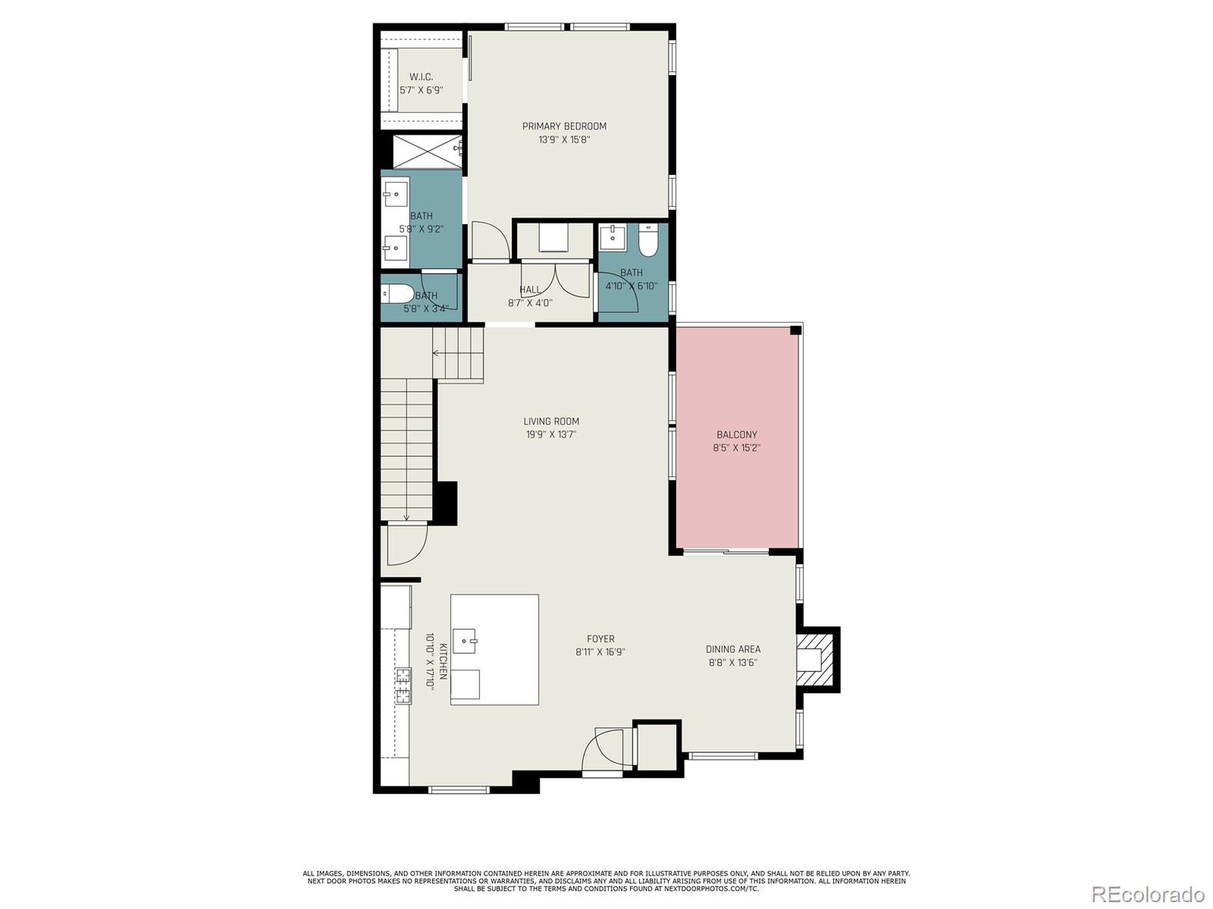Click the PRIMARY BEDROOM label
(564, 126)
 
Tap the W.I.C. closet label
(421, 77)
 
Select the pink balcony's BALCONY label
(736, 435)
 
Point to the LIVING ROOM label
(551, 421)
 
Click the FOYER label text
(600, 639)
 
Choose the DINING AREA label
(733, 649)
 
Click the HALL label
(529, 289)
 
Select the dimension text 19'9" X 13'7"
(551, 435)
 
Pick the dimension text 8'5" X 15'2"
(736, 448)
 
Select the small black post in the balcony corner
(795, 330)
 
